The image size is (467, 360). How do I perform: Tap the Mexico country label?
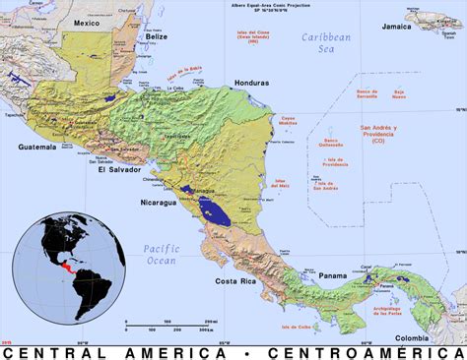pyautogui.click(x=87, y=24)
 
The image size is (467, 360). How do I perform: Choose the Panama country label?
pyautogui.click(x=333, y=275)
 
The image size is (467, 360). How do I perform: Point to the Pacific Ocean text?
pyautogui.click(x=159, y=254)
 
